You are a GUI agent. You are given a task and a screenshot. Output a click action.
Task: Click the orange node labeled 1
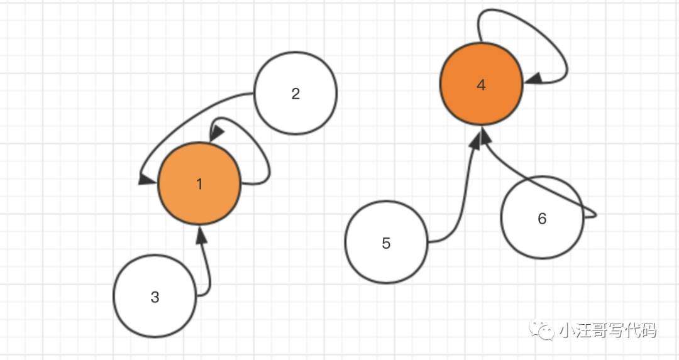(199, 184)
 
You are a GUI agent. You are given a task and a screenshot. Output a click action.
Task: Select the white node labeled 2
(295, 93)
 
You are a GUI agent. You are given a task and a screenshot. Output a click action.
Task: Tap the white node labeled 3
(155, 297)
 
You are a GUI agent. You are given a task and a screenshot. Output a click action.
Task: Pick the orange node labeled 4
(482, 85)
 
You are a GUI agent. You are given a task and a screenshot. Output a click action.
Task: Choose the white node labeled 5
(386, 243)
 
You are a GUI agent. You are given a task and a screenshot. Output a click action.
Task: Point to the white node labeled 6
(542, 218)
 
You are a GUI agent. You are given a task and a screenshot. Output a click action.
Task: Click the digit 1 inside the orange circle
(199, 184)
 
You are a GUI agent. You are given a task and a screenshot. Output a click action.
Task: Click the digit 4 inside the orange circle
(482, 85)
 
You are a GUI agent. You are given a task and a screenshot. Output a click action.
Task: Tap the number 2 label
(295, 94)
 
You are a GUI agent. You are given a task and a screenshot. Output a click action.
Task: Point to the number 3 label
(155, 297)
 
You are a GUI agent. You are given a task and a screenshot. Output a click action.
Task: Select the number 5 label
(386, 243)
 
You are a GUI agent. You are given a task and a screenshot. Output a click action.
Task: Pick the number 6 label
(542, 219)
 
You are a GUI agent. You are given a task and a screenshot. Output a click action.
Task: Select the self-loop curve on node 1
(267, 160)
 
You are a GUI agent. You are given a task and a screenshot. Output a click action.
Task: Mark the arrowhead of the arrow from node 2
(146, 180)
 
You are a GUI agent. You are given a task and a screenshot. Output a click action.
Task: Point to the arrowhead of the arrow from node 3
(201, 235)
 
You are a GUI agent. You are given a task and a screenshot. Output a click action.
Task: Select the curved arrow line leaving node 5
(462, 201)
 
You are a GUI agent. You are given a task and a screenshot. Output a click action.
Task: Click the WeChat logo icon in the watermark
(541, 329)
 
